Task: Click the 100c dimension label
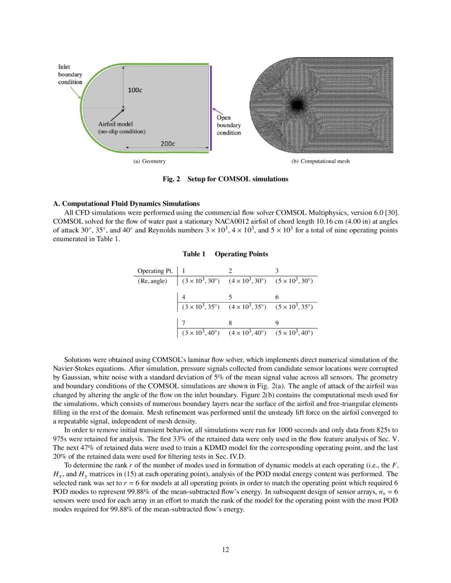coord(135,90)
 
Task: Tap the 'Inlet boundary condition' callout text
coord(70,75)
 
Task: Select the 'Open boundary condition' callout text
coord(228,125)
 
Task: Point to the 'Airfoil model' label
coord(112,123)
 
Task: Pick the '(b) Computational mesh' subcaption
coord(320,161)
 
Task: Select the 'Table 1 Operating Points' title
coord(226,254)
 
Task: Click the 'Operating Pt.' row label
coord(155,271)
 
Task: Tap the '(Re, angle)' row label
coord(152,281)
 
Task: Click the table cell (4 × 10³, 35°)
coord(247,307)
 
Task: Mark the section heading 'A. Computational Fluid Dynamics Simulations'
coord(126,203)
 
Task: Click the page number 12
coord(226,550)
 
